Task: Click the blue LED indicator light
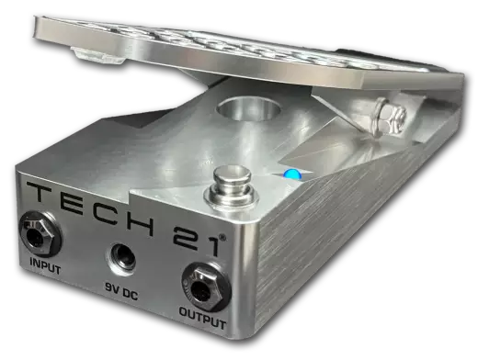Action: [x=289, y=174]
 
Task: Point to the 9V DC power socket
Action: [x=121, y=256]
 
